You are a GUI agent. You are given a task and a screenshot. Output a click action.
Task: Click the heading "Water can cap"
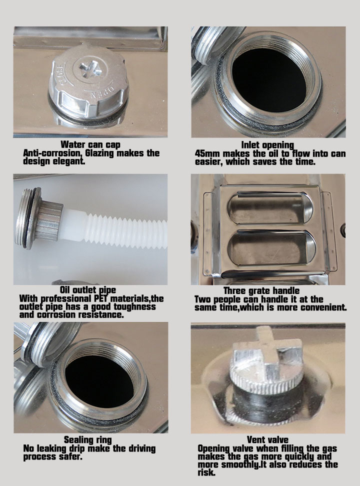coord(90,144)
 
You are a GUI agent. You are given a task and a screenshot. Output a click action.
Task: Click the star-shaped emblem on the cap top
coord(90,68)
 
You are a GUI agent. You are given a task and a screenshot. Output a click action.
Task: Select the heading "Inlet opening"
coord(267,145)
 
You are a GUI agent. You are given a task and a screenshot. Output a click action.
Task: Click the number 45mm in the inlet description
coord(207,153)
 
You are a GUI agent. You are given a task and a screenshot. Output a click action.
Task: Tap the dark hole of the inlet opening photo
coord(268,79)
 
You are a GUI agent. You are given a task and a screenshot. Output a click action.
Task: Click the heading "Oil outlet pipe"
coord(88,290)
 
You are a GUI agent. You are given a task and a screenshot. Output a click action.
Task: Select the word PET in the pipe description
coord(101,298)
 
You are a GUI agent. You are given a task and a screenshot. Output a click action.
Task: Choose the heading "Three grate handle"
coord(261,290)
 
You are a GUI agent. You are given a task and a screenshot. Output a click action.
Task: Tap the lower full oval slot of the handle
coord(271,247)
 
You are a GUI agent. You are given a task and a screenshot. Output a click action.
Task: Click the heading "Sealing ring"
coord(88,440)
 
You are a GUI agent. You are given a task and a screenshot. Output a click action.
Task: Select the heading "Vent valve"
coord(267,440)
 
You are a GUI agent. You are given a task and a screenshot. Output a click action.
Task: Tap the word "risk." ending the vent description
coord(206,472)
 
